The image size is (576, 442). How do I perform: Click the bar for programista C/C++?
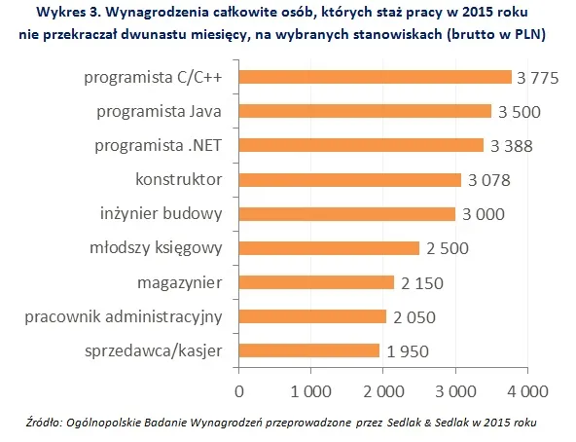tap(375, 78)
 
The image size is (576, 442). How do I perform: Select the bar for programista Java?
tap(365, 112)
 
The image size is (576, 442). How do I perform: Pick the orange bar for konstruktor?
tap(349, 180)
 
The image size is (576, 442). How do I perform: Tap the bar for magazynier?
tap(316, 282)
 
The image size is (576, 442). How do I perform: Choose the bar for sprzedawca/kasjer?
tap(308, 350)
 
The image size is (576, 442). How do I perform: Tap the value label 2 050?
tap(413, 317)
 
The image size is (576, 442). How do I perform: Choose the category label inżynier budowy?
tap(162, 214)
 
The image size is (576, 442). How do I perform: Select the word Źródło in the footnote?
tap(47, 423)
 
